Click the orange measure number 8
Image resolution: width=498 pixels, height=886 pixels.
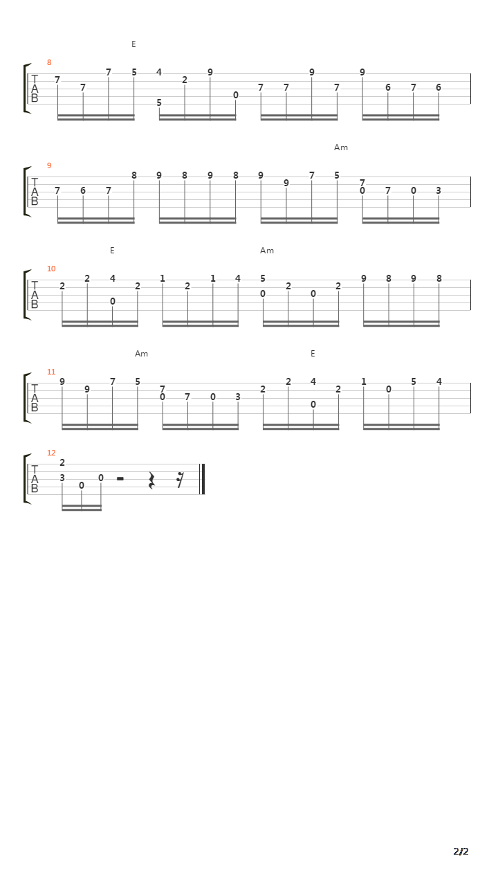[x=49, y=62]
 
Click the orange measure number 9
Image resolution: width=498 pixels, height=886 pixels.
[x=49, y=165]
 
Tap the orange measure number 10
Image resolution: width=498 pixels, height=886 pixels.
[x=51, y=269]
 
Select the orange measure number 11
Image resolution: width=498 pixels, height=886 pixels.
[x=51, y=372]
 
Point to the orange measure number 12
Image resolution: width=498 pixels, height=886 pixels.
[x=51, y=453]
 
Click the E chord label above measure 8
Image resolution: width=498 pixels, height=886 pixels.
[x=133, y=44]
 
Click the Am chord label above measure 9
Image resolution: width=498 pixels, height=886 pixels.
[x=341, y=147]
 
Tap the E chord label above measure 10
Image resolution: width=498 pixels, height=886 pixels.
[x=112, y=251]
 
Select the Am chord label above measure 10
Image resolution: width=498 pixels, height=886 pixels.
[x=267, y=251]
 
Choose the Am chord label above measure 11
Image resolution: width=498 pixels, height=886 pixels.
[x=141, y=354]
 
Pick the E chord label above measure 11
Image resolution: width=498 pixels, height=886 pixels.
[x=313, y=354]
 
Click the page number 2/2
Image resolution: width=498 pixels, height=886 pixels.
[x=461, y=851]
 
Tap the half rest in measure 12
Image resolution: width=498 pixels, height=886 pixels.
[x=120, y=479]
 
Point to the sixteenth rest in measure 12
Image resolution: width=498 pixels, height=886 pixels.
[x=181, y=480]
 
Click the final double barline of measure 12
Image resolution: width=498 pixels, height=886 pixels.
[x=203, y=479]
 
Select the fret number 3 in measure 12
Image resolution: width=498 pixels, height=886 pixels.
[x=62, y=478]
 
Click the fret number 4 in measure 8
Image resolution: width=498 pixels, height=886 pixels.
[x=159, y=73]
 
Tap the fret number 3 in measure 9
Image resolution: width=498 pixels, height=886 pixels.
[x=439, y=190]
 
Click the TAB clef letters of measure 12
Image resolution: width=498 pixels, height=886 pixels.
[x=35, y=479]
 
